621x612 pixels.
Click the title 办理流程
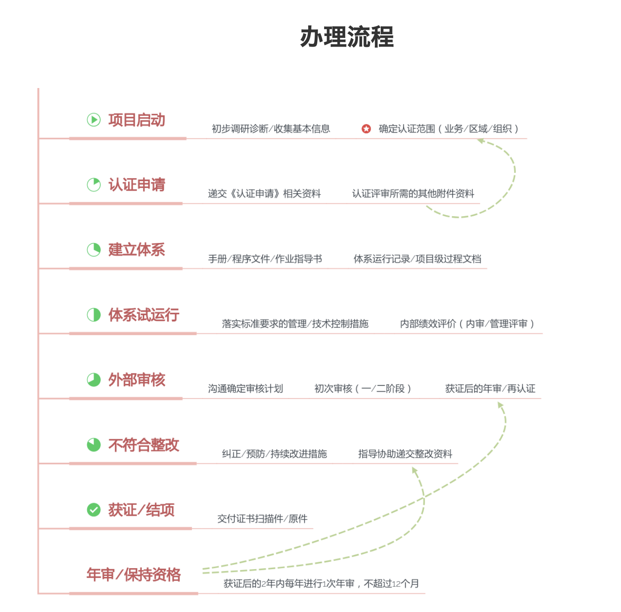[x=347, y=37]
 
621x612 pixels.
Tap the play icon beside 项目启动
[x=94, y=120]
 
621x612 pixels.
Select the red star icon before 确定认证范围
[x=366, y=129]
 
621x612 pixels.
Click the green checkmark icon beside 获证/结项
[x=94, y=510]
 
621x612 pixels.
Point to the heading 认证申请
[x=137, y=185]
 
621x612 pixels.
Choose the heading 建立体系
[x=137, y=250]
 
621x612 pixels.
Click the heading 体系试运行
[x=144, y=315]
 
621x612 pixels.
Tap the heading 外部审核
[x=137, y=380]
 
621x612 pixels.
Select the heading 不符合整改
[x=144, y=445]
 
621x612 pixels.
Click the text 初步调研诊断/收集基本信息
[x=271, y=129]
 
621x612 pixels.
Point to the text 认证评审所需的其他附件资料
[x=413, y=194]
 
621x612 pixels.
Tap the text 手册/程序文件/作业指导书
[x=265, y=259]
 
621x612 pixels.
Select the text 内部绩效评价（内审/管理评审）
[x=467, y=324]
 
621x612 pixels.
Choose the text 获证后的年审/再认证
[x=490, y=389]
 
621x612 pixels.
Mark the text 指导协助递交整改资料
[x=405, y=454]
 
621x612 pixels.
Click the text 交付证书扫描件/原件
[x=262, y=519]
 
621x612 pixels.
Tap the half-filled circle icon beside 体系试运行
[x=94, y=315]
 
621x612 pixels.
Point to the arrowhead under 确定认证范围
[x=481, y=140]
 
